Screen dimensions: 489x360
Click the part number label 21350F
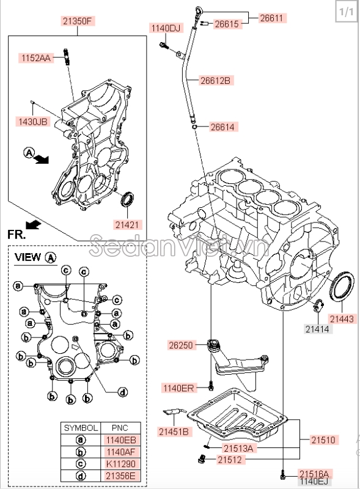click(77, 21)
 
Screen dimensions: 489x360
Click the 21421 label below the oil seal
click(127, 224)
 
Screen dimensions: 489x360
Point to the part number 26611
click(271, 18)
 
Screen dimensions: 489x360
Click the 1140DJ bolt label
click(166, 28)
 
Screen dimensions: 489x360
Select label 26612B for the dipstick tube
click(216, 80)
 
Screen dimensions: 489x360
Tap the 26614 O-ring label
click(224, 127)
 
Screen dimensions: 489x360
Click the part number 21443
click(341, 318)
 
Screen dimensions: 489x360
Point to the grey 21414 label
click(317, 329)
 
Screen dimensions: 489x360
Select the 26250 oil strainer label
click(181, 345)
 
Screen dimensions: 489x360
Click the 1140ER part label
click(178, 388)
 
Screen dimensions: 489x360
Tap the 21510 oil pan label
click(323, 439)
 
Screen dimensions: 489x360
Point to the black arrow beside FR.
click(34, 224)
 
